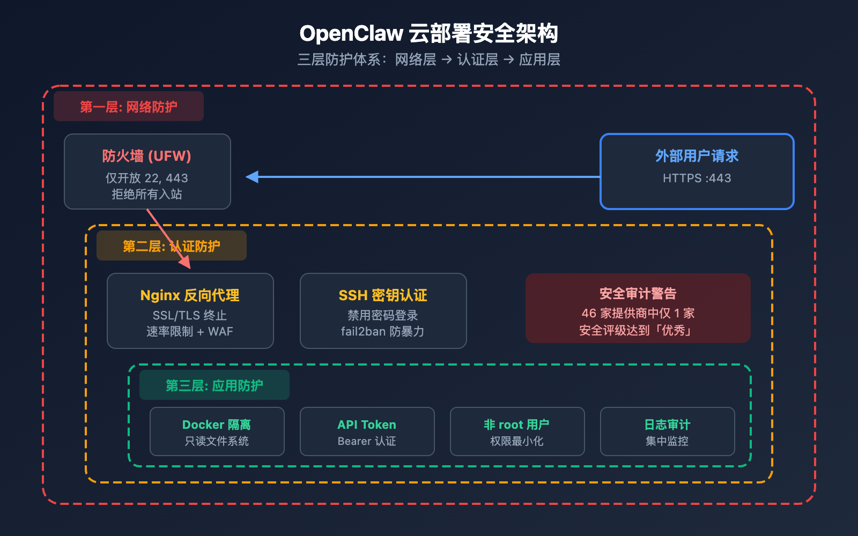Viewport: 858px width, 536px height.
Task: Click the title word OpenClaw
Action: click(351, 34)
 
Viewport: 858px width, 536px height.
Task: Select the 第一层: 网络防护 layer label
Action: click(128, 107)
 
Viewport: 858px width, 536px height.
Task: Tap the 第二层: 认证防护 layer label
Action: click(171, 246)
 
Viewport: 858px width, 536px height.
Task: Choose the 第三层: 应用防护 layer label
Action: click(214, 385)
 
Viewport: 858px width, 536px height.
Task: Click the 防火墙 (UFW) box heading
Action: click(147, 156)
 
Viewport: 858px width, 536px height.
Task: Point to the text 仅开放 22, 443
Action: click(147, 178)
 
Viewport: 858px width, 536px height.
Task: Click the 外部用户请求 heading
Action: click(697, 156)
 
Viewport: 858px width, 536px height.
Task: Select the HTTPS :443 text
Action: click(697, 178)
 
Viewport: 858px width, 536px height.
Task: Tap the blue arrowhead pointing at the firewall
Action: click(252, 177)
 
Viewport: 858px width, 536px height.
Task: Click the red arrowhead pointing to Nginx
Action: click(186, 262)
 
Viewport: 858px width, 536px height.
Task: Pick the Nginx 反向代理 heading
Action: click(190, 295)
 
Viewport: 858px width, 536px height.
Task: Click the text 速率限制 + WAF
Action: click(190, 332)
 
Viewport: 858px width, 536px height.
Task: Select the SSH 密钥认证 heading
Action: click(383, 295)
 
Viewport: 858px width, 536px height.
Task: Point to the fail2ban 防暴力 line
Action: click(383, 332)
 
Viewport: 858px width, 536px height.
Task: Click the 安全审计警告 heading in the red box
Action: click(638, 294)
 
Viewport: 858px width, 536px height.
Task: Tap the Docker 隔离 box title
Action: click(217, 425)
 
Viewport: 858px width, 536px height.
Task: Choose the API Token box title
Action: click(367, 425)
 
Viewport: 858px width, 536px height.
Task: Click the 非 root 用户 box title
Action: click(517, 425)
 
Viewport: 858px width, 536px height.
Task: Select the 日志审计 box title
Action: click(667, 425)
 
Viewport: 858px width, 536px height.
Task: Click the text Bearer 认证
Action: click(367, 441)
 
